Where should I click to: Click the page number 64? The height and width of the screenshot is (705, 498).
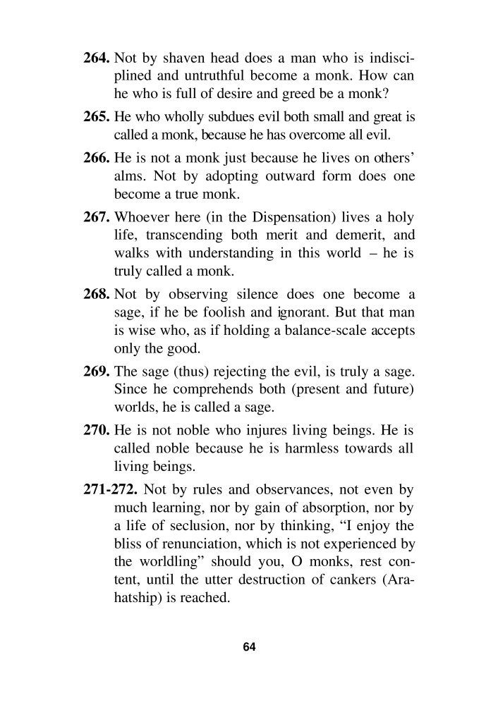tap(249, 646)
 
